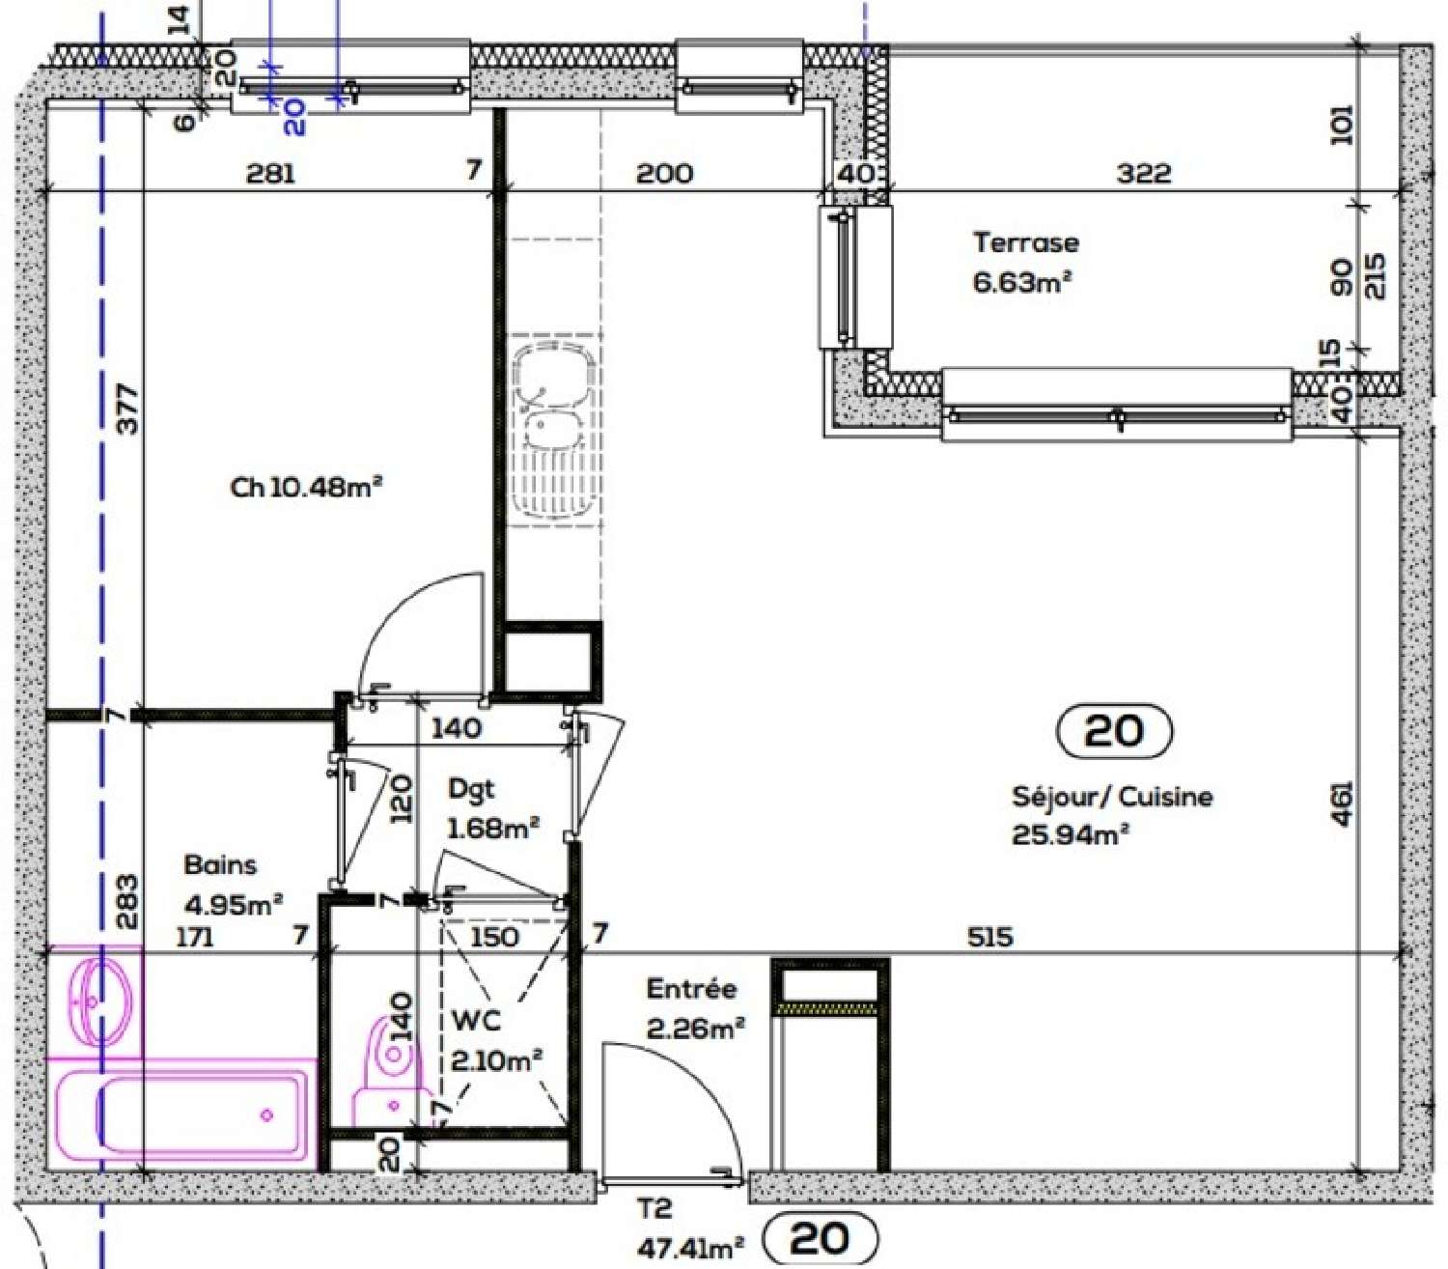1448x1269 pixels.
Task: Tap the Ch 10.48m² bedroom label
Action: (307, 487)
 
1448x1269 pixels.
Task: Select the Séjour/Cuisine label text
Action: (1112, 797)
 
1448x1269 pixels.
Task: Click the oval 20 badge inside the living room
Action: (1115, 731)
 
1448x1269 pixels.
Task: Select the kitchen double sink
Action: (553, 425)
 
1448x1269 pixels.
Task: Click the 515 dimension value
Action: (990, 936)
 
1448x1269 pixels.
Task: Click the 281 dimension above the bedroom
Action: (270, 174)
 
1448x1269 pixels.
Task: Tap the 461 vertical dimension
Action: (1342, 804)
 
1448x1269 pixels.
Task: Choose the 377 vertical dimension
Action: (127, 409)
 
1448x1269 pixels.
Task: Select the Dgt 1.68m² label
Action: (491, 809)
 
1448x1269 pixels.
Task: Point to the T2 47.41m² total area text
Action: (689, 1228)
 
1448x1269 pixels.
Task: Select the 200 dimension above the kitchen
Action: (664, 174)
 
